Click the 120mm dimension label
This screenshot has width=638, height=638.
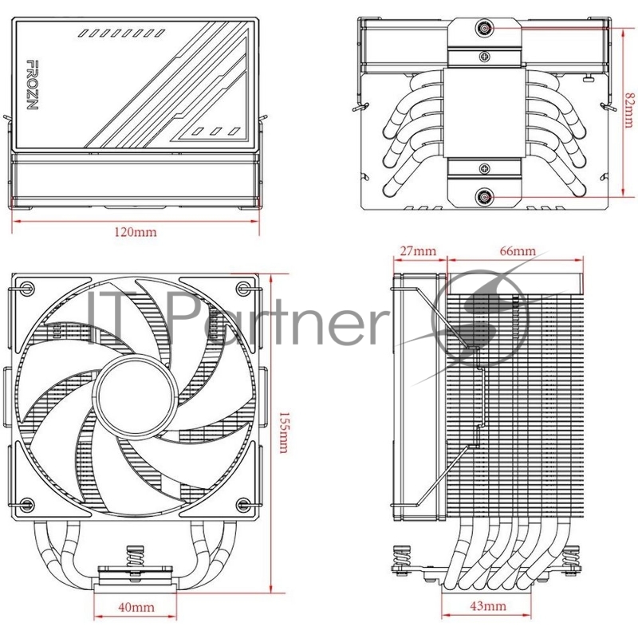click(x=136, y=233)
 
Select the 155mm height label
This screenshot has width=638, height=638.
click(x=284, y=437)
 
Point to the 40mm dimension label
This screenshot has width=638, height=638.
click(x=136, y=608)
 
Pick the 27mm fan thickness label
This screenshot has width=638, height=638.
click(x=418, y=251)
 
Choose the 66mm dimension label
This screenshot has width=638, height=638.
click(x=518, y=251)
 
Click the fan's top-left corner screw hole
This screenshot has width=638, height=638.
click(x=29, y=287)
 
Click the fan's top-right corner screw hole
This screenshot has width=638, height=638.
click(x=244, y=287)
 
